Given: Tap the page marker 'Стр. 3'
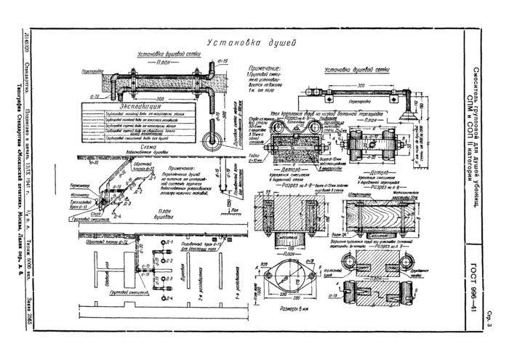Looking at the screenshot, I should pos(492,321).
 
